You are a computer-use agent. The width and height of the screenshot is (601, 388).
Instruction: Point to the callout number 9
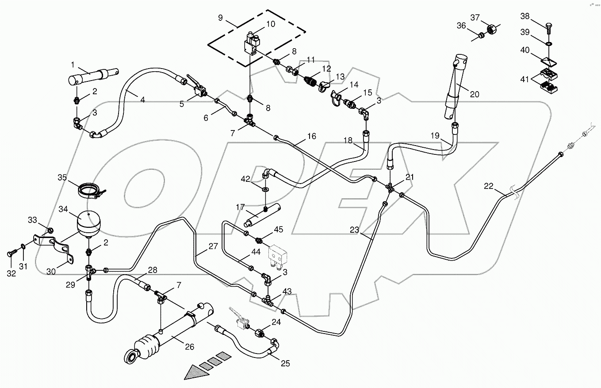pyautogui.click(x=220, y=18)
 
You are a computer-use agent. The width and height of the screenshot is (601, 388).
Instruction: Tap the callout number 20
pyautogui.click(x=474, y=94)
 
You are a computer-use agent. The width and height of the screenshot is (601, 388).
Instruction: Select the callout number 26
pyautogui.click(x=189, y=347)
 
